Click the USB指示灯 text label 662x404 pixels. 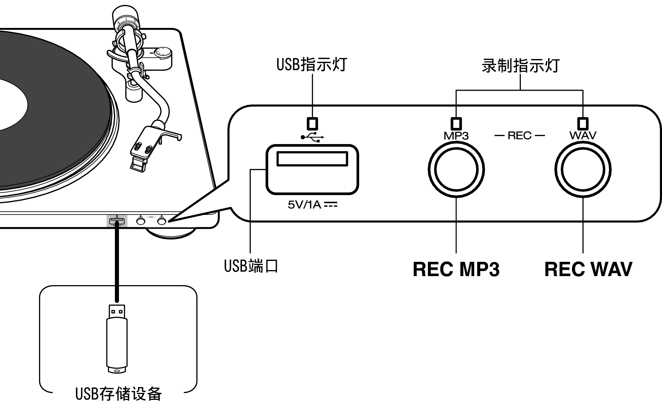311,65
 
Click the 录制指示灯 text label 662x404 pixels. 520,66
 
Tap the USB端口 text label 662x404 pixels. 251,266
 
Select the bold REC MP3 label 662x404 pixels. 456,269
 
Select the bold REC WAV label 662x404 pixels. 588,269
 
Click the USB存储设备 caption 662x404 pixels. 118,394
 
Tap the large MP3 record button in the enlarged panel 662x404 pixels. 456,169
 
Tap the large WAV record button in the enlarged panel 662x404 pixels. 583,169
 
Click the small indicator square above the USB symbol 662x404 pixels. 312,123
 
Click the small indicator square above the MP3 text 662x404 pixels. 456,123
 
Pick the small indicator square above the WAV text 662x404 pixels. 583,123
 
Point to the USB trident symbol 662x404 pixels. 312,137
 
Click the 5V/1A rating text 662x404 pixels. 312,205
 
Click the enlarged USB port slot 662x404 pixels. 312,159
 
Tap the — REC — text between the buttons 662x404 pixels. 519,136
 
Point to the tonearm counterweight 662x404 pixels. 126,16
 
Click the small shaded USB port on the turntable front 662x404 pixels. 117,221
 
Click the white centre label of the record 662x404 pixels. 10,105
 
